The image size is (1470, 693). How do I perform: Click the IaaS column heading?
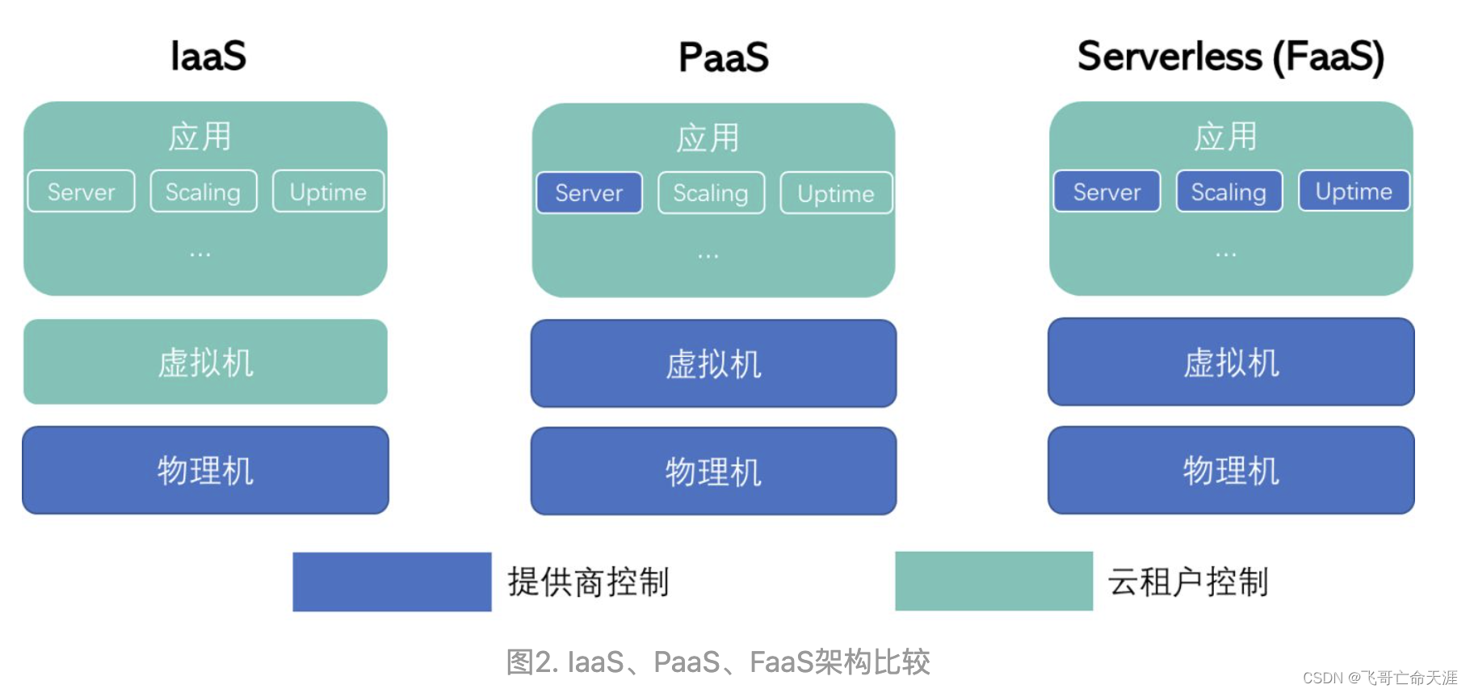(208, 56)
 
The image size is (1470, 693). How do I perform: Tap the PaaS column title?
(723, 57)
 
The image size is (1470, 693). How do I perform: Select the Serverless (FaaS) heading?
(1230, 57)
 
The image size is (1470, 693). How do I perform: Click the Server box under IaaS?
(81, 191)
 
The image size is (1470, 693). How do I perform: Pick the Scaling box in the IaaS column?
(203, 191)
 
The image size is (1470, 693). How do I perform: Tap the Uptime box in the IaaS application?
(328, 191)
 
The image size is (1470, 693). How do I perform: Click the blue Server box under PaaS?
(589, 193)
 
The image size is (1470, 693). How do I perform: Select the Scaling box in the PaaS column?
(711, 193)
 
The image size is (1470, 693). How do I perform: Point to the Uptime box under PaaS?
(836, 193)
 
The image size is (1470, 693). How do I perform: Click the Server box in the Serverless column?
(1107, 191)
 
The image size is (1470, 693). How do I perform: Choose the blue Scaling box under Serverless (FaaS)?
(1228, 191)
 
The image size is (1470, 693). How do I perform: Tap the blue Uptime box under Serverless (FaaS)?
(1354, 191)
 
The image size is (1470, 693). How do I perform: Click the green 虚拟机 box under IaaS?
(205, 362)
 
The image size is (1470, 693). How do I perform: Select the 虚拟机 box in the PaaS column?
(713, 363)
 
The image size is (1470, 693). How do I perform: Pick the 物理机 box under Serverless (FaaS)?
(1231, 470)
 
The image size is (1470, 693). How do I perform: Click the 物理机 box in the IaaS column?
(205, 470)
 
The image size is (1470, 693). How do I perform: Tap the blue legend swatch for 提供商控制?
(392, 582)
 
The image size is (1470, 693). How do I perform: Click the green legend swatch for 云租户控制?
(993, 582)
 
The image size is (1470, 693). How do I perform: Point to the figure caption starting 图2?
(717, 661)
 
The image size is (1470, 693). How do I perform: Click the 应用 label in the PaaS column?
(708, 138)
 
